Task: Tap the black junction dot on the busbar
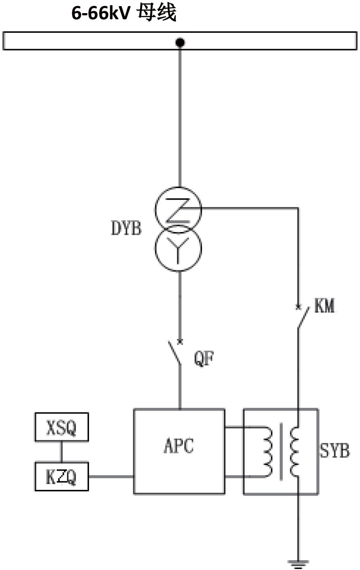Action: [x=180, y=43]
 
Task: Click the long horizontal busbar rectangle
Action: [x=94, y=40]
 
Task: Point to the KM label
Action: [x=324, y=307]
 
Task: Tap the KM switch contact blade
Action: [x=302, y=317]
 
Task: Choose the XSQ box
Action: [x=61, y=427]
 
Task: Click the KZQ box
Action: [x=61, y=477]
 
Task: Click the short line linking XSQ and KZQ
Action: [x=61, y=452]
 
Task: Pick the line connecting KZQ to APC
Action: [x=111, y=477]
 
